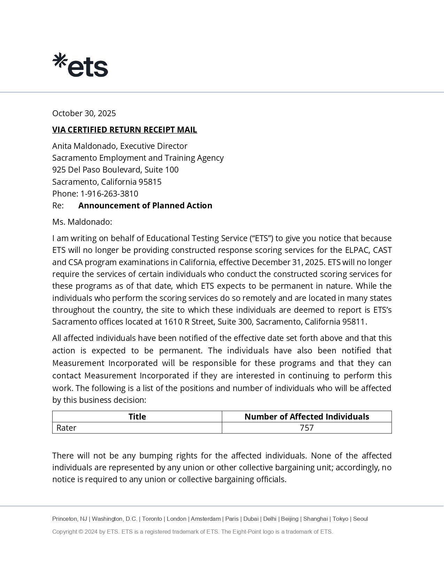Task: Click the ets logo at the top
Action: coord(80,65)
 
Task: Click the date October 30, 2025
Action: coord(84,113)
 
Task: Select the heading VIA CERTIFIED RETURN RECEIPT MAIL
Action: coord(124,130)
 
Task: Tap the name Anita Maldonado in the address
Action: coord(85,146)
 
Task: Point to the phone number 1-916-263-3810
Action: coord(109,194)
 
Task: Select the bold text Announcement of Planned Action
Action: coord(145,206)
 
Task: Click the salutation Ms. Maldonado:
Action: coord(82,222)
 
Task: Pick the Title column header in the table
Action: coord(137,417)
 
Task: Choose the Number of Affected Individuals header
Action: coord(306,417)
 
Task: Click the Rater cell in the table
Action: coord(66,428)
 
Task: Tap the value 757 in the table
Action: coord(306,428)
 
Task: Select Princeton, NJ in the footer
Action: coord(70,519)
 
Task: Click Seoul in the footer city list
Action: coord(360,519)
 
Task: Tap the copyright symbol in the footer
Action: coord(81,532)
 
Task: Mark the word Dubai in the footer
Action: coord(251,519)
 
